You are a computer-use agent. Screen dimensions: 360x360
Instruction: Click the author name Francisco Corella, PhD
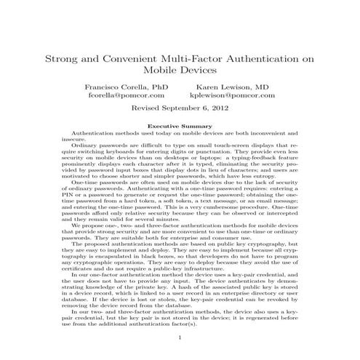click(x=127, y=86)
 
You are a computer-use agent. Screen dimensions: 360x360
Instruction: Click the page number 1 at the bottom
click(x=180, y=337)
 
